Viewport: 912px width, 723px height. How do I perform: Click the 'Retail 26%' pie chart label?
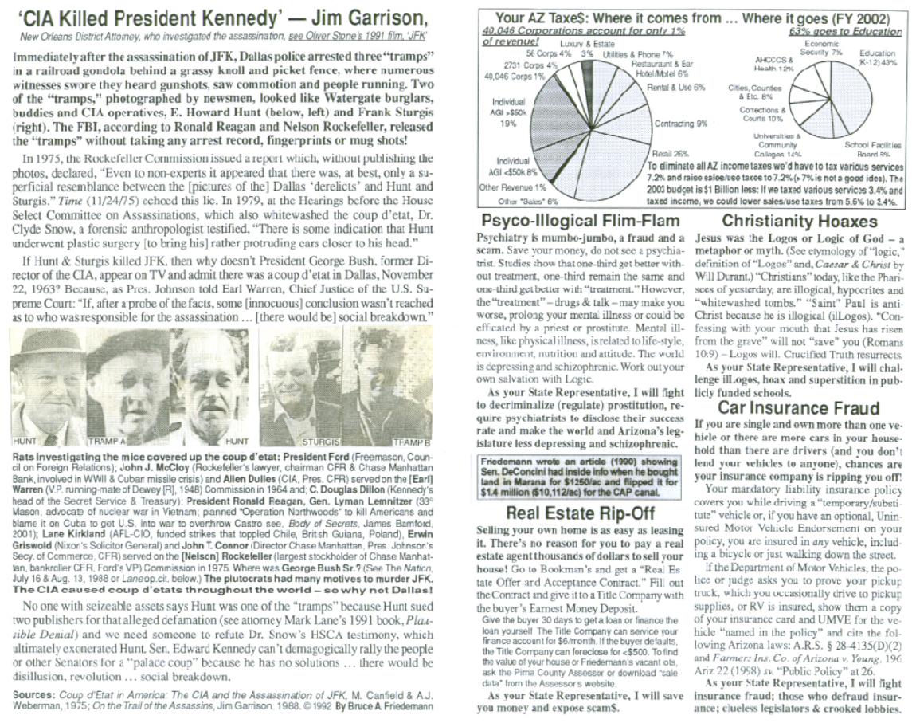tap(671, 152)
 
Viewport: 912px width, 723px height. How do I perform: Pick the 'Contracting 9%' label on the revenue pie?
tap(680, 124)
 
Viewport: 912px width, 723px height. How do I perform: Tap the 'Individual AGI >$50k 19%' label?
tap(509, 112)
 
